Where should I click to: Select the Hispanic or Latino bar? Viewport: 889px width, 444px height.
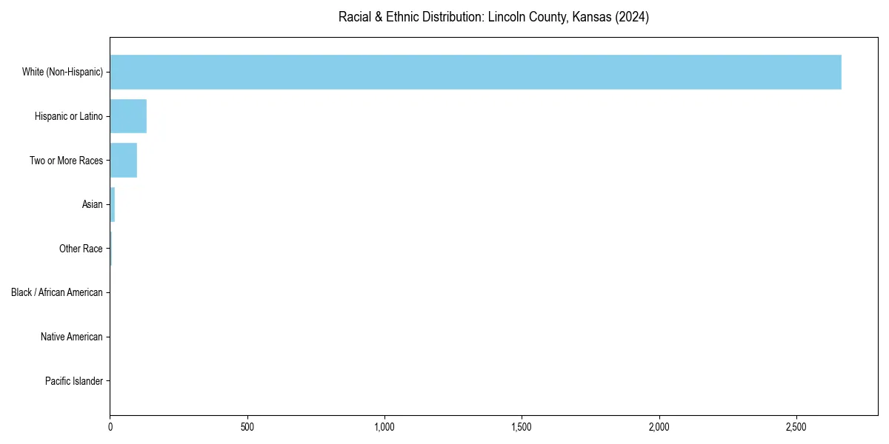(x=128, y=116)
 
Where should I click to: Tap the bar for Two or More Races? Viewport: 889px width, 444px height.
(x=124, y=161)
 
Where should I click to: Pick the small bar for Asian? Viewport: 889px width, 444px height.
(x=113, y=204)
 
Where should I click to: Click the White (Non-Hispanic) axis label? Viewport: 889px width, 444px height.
(x=62, y=72)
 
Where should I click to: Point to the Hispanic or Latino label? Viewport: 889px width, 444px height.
(x=69, y=116)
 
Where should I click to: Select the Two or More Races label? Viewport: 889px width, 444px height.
(x=66, y=161)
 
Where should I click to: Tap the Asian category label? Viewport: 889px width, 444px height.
(x=93, y=204)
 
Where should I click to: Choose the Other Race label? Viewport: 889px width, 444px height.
(x=81, y=249)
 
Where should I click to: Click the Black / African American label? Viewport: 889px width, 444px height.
(x=57, y=292)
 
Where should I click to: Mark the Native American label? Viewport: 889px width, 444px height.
(x=72, y=337)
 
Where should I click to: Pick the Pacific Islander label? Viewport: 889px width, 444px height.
(x=74, y=381)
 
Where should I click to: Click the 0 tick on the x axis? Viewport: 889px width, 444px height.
(x=110, y=427)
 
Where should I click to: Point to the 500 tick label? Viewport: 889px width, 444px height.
(x=247, y=427)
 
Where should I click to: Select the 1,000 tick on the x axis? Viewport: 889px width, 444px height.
(x=384, y=427)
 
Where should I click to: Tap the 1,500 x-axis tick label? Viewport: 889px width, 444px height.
(x=522, y=427)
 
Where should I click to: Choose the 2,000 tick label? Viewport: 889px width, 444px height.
(x=659, y=427)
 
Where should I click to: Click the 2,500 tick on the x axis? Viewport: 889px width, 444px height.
(x=796, y=427)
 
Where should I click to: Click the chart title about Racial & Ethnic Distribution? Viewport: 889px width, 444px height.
(x=493, y=17)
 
